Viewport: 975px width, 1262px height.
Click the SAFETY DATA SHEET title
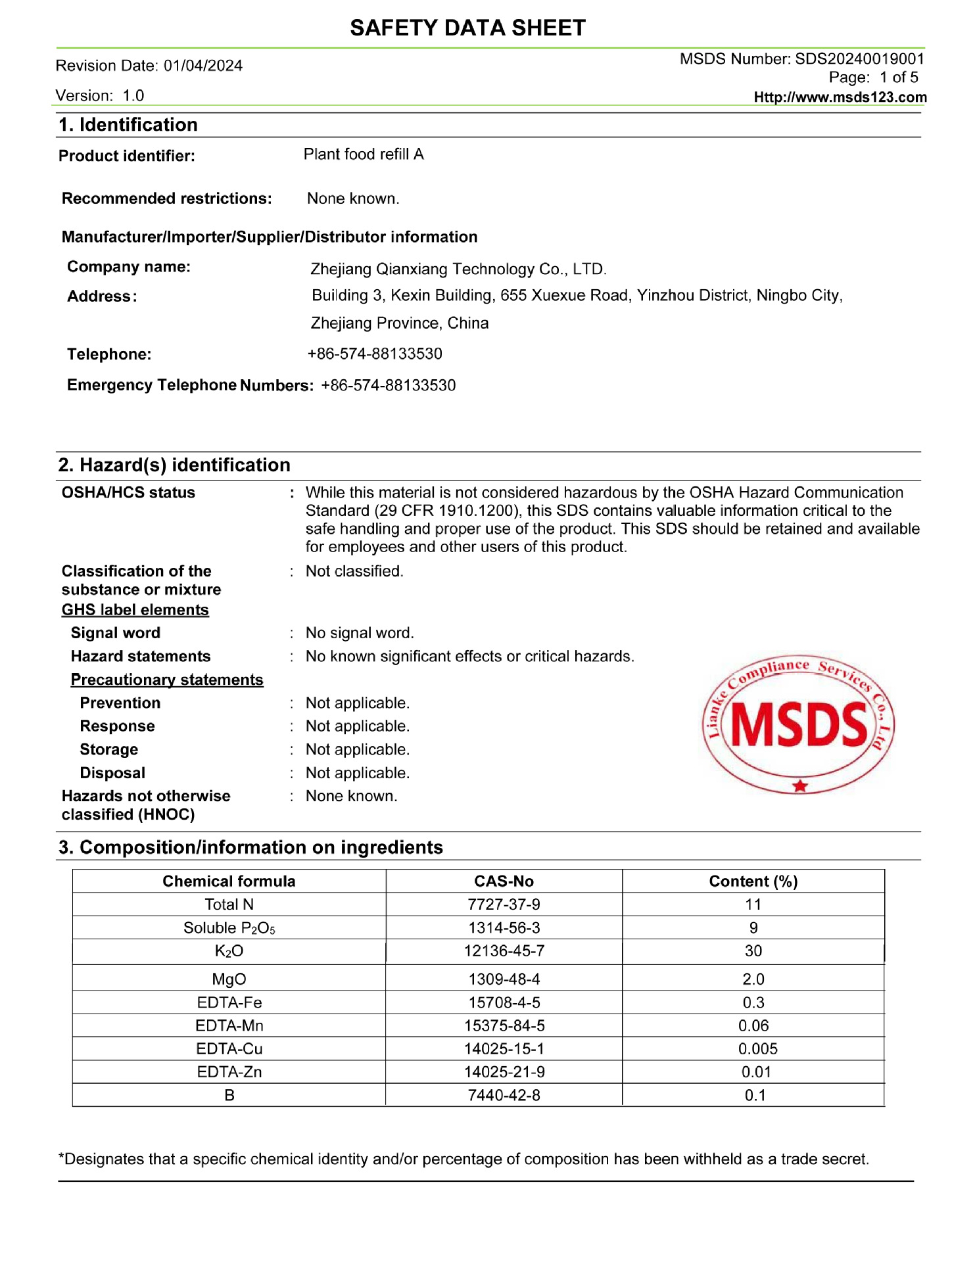(x=467, y=28)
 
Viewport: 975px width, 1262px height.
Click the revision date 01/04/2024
(x=203, y=66)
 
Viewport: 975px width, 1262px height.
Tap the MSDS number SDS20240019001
(x=859, y=58)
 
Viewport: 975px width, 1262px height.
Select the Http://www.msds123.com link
(x=840, y=97)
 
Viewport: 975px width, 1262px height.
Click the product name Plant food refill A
(x=364, y=154)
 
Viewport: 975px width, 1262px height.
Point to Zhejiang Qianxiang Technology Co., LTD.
(x=458, y=269)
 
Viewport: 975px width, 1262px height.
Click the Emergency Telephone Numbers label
(x=190, y=385)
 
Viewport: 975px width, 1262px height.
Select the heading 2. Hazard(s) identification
(x=174, y=465)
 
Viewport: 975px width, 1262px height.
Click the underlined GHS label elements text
(x=135, y=610)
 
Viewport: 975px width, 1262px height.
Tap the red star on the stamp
(x=799, y=785)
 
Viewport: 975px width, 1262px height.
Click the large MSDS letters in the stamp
(x=799, y=725)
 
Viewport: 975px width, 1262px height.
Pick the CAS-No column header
(x=504, y=881)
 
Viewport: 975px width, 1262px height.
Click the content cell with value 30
(x=753, y=951)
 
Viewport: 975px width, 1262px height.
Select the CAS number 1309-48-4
(x=504, y=979)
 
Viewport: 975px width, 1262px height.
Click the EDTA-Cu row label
(x=229, y=1049)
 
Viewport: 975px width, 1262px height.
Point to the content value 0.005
(x=757, y=1049)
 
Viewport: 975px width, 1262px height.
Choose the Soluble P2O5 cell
(x=229, y=928)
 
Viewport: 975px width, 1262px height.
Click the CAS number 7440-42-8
(x=504, y=1096)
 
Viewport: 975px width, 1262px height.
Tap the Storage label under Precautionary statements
(x=109, y=750)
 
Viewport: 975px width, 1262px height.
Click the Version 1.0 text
(x=100, y=96)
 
